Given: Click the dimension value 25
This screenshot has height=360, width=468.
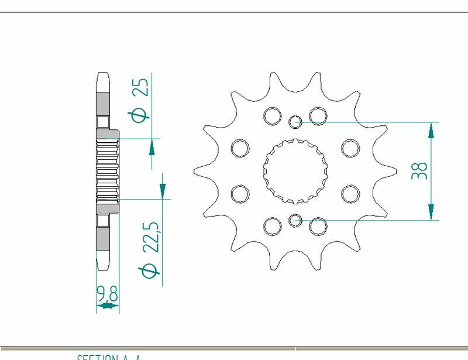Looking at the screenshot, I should (x=141, y=87).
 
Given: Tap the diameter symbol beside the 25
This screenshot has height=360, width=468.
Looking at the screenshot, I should (x=141, y=115).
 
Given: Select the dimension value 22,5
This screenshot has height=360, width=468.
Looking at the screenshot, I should (x=151, y=235).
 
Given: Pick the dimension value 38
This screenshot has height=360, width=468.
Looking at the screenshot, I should (x=419, y=170).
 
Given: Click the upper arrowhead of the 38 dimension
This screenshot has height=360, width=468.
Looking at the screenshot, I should (x=431, y=131).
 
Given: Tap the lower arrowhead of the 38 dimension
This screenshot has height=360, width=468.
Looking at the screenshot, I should (x=431, y=212).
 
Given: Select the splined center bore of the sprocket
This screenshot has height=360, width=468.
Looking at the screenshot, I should (x=295, y=170).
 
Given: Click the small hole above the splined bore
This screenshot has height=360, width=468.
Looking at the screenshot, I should (x=295, y=122).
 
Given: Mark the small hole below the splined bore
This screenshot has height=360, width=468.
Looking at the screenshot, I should (x=295, y=221).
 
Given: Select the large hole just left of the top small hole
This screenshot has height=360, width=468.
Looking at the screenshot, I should (x=272, y=116).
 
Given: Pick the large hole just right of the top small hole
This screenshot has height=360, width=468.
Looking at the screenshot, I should (x=318, y=116).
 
